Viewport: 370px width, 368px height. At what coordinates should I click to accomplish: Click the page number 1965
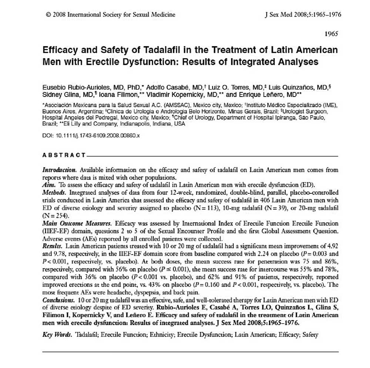[331, 34]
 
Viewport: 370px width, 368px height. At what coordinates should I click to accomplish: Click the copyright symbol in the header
[48, 15]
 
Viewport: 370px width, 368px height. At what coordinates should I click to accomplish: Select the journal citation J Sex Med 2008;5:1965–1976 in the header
[303, 15]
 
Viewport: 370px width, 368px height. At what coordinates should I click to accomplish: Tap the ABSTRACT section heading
[64, 155]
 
